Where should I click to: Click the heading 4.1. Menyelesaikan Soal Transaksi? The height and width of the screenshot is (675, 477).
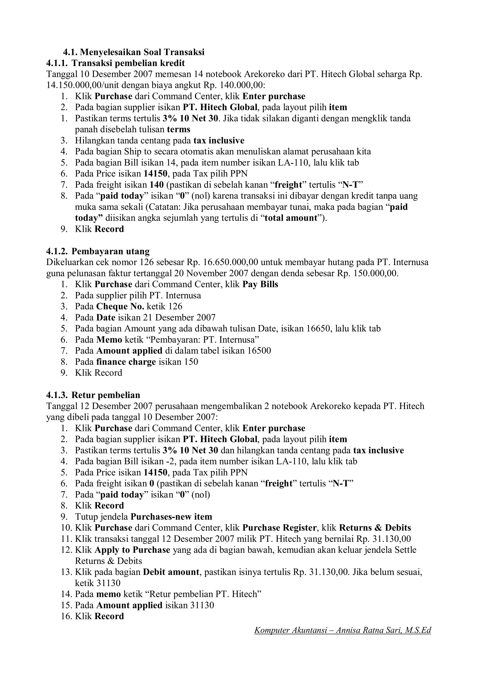tap(134, 52)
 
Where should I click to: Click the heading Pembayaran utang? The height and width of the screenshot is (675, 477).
tap(110, 251)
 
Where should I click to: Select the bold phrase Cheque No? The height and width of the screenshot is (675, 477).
tap(120, 306)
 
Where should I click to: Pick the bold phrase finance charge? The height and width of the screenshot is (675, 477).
tap(126, 362)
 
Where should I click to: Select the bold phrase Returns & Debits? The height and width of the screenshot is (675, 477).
tap(375, 528)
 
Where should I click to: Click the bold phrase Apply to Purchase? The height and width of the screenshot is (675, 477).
tap(133, 550)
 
